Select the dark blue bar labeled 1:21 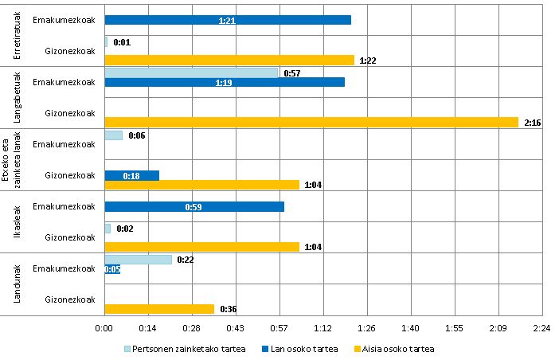(x=227, y=19)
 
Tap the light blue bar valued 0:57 (x=191, y=72)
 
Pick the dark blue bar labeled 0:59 (x=193, y=206)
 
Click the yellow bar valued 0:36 (x=159, y=309)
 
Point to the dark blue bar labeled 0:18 (x=131, y=175)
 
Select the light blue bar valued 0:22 (x=138, y=260)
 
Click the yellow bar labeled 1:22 (x=229, y=60)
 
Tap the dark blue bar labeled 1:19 (x=224, y=81)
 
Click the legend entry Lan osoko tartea (x=297, y=349)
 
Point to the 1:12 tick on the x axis (x=322, y=327)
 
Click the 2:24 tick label (x=541, y=327)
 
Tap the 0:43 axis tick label (x=235, y=327)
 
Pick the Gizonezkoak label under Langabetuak (x=70, y=112)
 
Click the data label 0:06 (x=136, y=135)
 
